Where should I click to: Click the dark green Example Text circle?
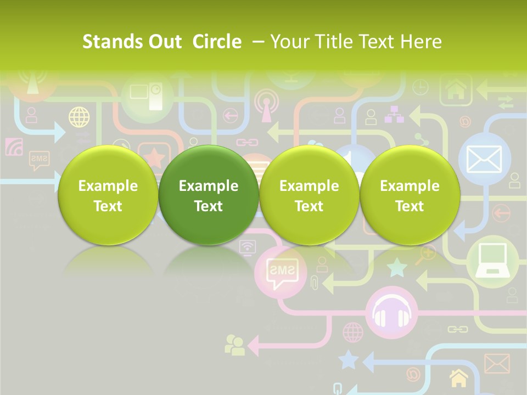(209, 195)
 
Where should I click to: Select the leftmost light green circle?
(108, 195)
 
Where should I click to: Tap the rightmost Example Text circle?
(410, 195)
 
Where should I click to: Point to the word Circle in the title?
(217, 42)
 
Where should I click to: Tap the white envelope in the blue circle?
(484, 159)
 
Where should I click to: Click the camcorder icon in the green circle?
(147, 97)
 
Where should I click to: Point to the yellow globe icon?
(79, 117)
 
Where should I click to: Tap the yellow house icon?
(459, 378)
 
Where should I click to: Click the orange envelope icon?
(497, 363)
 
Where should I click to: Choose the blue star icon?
(348, 360)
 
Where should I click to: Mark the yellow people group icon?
(235, 345)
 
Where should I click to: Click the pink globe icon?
(353, 332)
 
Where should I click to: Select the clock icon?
(421, 87)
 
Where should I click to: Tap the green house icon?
(455, 90)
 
